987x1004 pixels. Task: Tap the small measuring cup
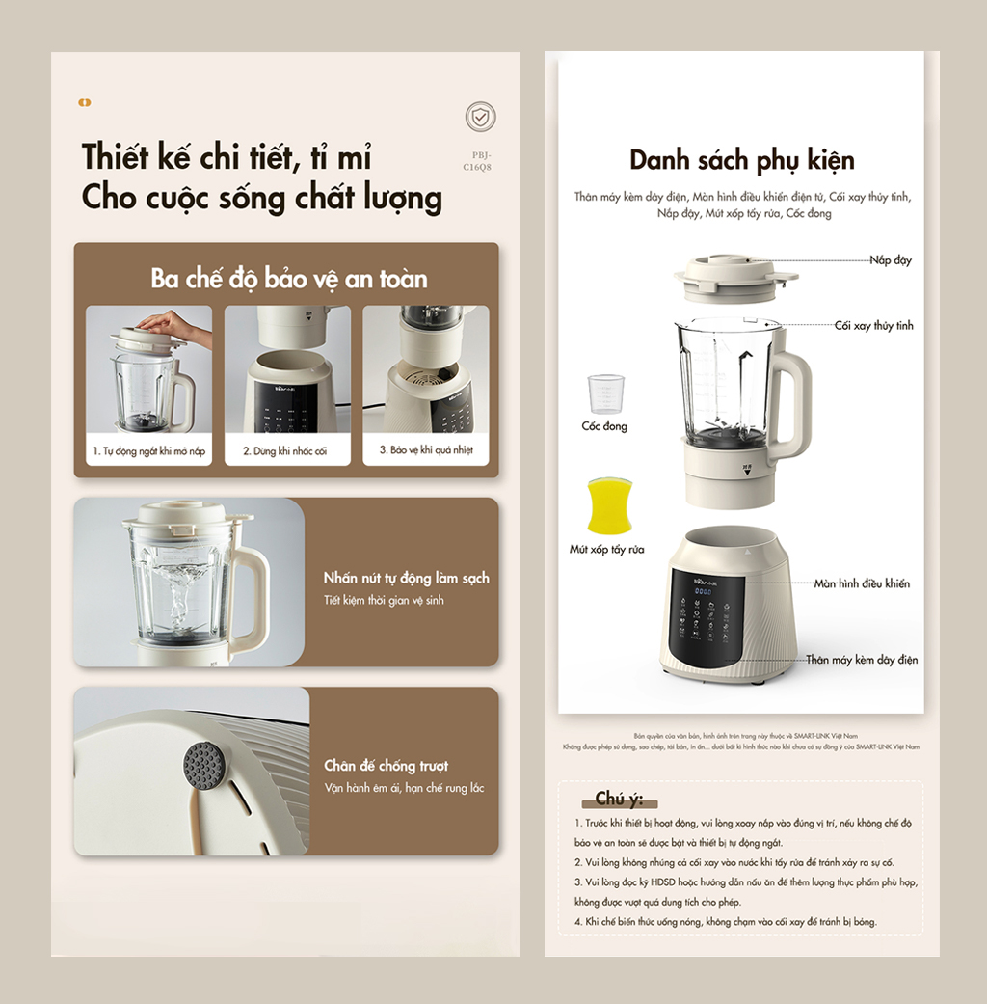[606, 393]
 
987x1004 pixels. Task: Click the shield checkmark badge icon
[480, 117]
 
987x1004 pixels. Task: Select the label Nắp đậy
[890, 260]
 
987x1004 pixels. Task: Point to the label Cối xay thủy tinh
[873, 326]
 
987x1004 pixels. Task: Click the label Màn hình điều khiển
[862, 583]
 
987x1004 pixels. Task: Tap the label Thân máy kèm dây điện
[862, 660]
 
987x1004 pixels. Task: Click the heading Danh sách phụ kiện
[741, 160]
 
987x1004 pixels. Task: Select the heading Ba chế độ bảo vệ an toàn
[288, 279]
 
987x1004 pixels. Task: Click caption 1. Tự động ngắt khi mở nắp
[149, 450]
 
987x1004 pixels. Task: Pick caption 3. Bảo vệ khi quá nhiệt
[425, 450]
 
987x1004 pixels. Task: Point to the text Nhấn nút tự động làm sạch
[406, 578]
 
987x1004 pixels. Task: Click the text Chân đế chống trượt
[386, 766]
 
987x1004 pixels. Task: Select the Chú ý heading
[618, 799]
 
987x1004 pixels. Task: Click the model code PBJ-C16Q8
[480, 160]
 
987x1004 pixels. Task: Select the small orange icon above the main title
[85, 102]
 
